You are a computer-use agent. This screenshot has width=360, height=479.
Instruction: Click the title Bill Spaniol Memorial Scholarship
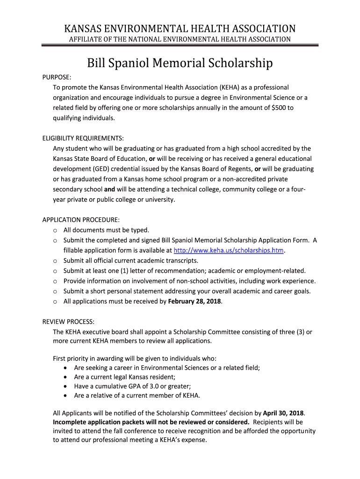click(x=180, y=63)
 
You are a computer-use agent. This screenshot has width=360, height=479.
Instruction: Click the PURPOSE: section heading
click(x=57, y=77)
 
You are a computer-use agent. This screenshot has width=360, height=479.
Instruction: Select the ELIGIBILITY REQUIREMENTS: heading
click(x=83, y=138)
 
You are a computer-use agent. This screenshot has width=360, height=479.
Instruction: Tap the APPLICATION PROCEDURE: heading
click(x=81, y=219)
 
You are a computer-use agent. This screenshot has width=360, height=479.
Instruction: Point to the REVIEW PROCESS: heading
click(x=68, y=321)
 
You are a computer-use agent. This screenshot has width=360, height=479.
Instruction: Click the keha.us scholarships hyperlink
click(x=229, y=250)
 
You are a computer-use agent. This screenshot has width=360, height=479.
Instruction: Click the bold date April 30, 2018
click(x=284, y=413)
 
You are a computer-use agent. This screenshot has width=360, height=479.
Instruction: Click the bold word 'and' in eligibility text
click(x=109, y=189)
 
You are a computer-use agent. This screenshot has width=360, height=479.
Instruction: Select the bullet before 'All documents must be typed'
click(x=55, y=230)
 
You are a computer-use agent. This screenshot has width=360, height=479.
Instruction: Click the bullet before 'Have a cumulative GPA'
click(x=65, y=386)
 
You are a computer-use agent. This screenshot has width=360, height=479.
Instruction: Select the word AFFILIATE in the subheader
click(x=86, y=39)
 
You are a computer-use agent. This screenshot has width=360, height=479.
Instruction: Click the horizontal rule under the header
click(x=180, y=45)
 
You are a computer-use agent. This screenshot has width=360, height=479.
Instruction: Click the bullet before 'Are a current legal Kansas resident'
click(x=65, y=377)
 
